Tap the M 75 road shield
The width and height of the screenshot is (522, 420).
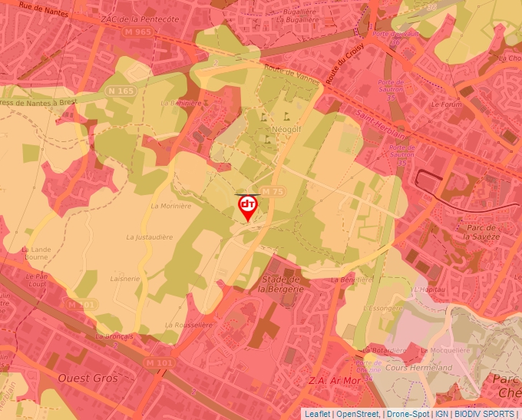[271, 191]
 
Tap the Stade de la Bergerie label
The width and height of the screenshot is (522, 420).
[279, 284]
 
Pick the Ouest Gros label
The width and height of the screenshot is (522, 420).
[88, 378]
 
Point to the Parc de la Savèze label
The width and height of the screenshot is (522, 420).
[481, 231]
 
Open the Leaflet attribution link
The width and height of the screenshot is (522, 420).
[317, 414]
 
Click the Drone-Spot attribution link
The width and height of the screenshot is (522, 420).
[408, 414]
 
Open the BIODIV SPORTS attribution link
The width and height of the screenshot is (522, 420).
[484, 414]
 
